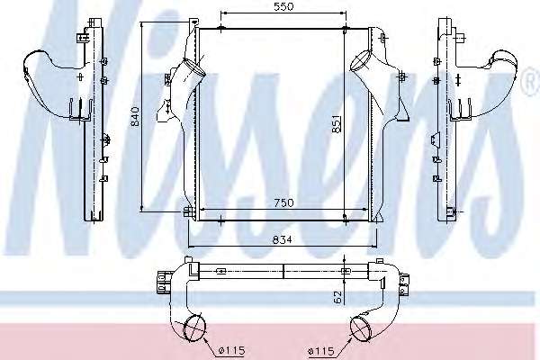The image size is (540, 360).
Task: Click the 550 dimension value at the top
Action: [x=283, y=6]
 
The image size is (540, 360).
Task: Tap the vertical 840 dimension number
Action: [x=135, y=116]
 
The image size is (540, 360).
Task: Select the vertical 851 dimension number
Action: [x=337, y=124]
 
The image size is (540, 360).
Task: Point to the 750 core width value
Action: [x=284, y=202]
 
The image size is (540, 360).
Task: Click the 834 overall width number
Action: [x=282, y=239]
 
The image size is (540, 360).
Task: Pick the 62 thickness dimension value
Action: [x=337, y=297]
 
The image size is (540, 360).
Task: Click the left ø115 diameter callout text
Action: [x=231, y=351]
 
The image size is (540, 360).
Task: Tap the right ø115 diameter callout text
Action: [x=321, y=351]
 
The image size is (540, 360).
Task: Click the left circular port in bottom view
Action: [x=194, y=327]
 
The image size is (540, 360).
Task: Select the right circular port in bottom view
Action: [x=361, y=328]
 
